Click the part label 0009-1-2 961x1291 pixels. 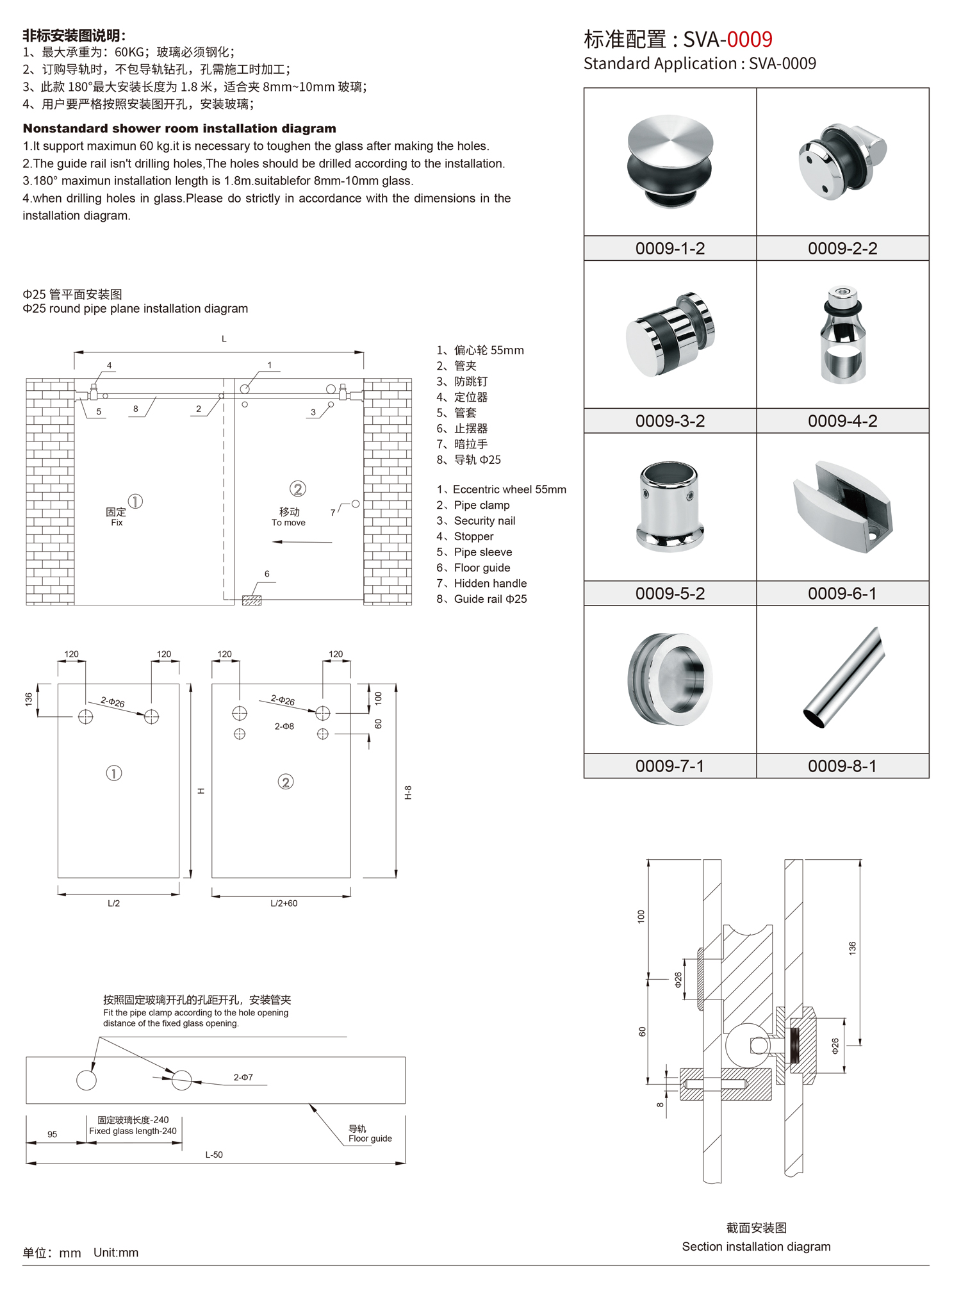tap(669, 249)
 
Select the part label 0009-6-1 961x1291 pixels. tap(842, 593)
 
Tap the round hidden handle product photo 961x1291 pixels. tap(670, 679)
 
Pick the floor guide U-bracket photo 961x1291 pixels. tap(842, 506)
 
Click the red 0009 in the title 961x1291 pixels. tap(749, 40)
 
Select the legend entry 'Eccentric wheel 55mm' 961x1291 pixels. tap(502, 489)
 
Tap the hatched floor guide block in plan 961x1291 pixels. tap(252, 600)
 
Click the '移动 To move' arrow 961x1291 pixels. tap(302, 542)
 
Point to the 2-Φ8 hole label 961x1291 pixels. tap(284, 727)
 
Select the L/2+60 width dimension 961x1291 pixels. tap(283, 903)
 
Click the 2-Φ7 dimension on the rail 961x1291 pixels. tap(243, 1078)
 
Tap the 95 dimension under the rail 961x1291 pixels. tap(52, 1134)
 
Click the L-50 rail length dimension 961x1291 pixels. tap(214, 1155)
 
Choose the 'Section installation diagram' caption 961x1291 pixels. tap(756, 1246)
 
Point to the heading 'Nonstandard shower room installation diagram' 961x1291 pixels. tap(179, 128)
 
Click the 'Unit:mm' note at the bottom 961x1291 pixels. tap(116, 1253)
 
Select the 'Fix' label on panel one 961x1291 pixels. tap(117, 523)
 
